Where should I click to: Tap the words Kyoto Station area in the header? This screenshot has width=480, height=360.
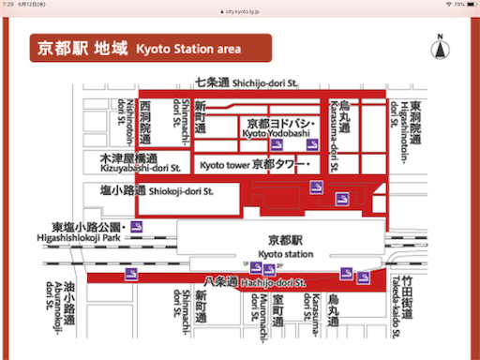click(x=187, y=49)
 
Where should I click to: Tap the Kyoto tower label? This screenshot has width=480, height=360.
click(x=253, y=165)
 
